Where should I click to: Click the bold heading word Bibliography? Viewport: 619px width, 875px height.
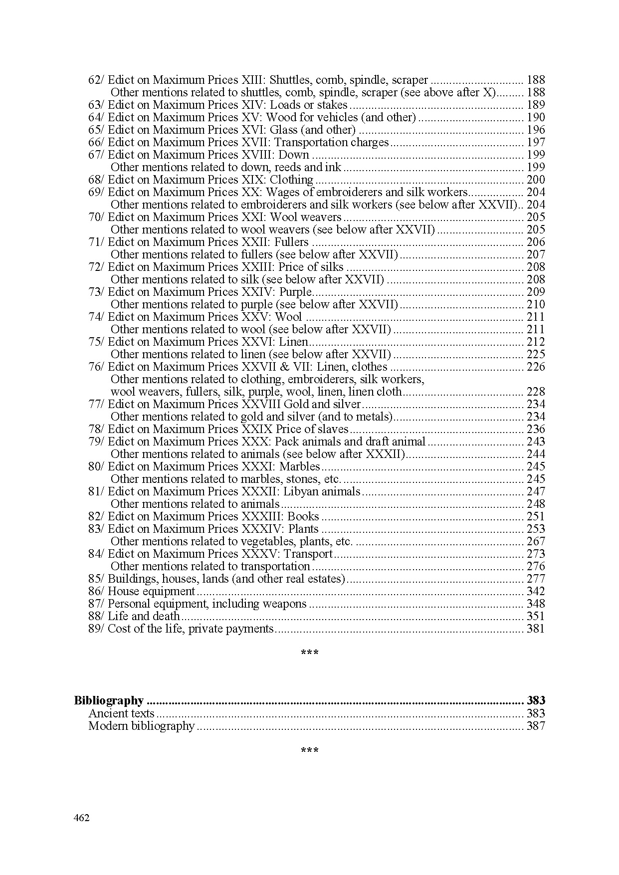[108, 700]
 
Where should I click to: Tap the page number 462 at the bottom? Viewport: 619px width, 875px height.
[81, 818]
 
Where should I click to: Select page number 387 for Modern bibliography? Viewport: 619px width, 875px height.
[536, 726]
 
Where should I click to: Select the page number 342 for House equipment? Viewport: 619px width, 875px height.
[536, 591]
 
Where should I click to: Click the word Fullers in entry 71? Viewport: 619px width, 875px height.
[293, 242]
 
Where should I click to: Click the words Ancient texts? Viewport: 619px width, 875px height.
[121, 713]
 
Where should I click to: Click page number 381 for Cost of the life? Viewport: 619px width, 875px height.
[536, 629]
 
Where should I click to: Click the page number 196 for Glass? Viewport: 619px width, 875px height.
[536, 130]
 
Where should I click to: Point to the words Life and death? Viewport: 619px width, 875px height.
[144, 616]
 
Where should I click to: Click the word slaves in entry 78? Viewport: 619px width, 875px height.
[333, 429]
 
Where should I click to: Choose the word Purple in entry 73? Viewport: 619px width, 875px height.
[295, 292]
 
